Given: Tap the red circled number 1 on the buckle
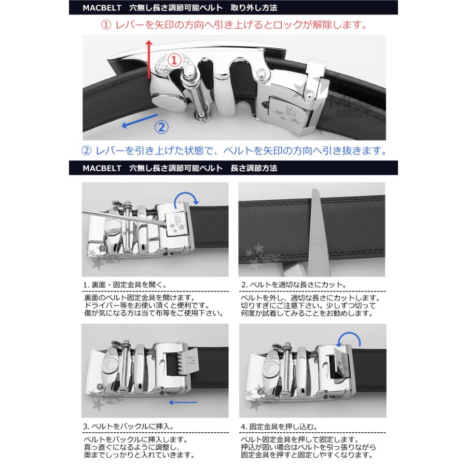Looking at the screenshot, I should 174,61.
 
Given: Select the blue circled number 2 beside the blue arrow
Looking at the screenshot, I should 161,126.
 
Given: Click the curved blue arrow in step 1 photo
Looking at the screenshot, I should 186,198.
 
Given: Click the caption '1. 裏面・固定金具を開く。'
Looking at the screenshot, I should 125,285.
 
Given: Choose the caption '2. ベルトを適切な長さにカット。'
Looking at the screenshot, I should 294,285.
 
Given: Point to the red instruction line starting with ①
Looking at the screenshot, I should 233,24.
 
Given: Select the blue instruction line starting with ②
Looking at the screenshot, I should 233,151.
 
